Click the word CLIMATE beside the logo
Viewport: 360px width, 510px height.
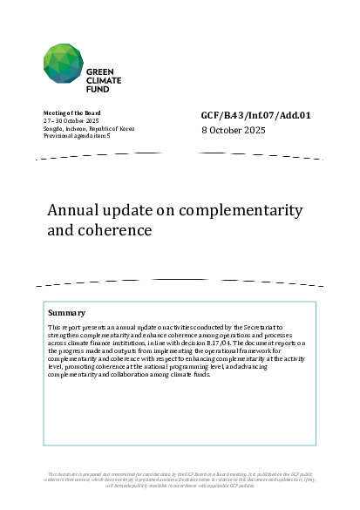pos(104,79)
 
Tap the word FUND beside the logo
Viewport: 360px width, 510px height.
pos(98,88)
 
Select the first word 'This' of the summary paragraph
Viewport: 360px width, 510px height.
pos(55,325)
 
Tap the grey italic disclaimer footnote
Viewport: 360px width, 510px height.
pos(180,480)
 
